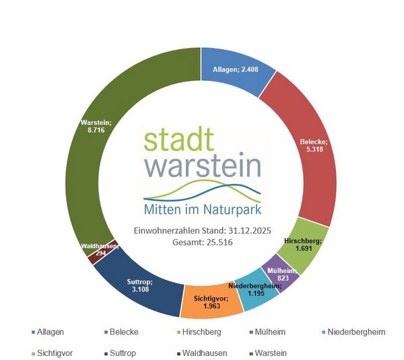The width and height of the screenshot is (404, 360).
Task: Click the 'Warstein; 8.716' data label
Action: coord(95,127)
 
